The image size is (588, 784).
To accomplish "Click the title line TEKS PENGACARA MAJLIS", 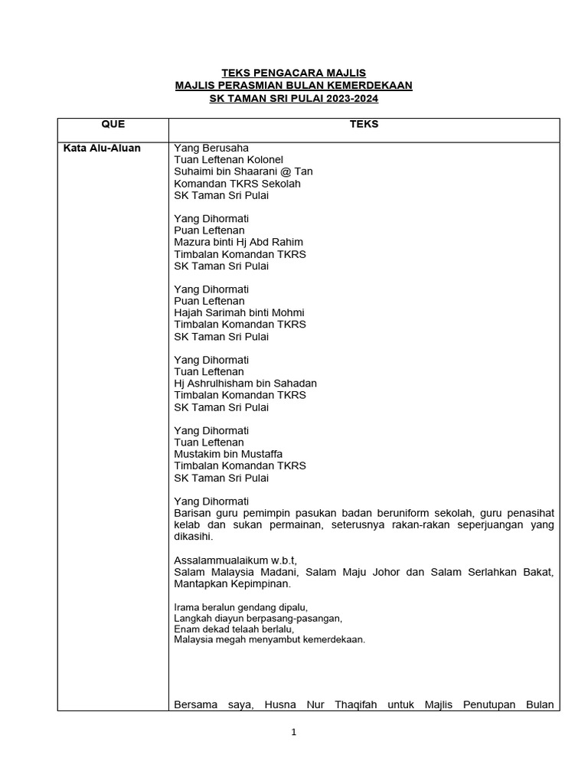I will pyautogui.click(x=293, y=73).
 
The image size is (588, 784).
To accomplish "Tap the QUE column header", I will pyautogui.click(x=113, y=124).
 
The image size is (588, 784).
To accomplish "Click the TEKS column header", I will pyautogui.click(x=364, y=124).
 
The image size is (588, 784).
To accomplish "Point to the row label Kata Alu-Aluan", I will pyautogui.click(x=102, y=149).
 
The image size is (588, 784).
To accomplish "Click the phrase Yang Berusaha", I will pyautogui.click(x=211, y=149).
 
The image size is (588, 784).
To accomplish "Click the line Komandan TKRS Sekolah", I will pyautogui.click(x=237, y=184).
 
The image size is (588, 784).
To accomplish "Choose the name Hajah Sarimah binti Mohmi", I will pyautogui.click(x=239, y=312).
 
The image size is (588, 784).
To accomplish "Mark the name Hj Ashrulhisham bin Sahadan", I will pyautogui.click(x=245, y=383).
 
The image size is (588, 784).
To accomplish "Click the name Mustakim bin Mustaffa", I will pyautogui.click(x=228, y=454).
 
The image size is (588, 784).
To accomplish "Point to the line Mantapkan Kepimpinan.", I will pyautogui.click(x=232, y=583).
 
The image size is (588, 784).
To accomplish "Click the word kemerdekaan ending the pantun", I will pyautogui.click(x=328, y=639).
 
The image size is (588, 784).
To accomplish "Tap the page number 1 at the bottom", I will pyautogui.click(x=293, y=732).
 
